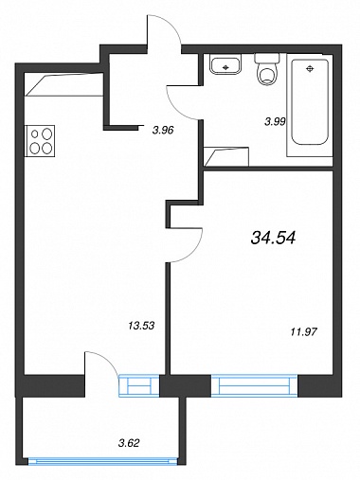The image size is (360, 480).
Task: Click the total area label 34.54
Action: [x=273, y=238]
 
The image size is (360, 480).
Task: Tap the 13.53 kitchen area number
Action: [x=141, y=326]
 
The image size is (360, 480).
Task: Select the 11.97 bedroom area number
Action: [x=303, y=331]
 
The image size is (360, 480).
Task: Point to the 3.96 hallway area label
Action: [x=163, y=130]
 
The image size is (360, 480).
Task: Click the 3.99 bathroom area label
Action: [x=275, y=121]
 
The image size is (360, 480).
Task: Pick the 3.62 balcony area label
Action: [x=129, y=443]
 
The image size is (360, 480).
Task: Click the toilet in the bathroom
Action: [x=267, y=69]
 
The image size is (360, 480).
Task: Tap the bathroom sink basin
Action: [x=225, y=64]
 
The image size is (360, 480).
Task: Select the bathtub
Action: [x=310, y=105]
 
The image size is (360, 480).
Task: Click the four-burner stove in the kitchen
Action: [x=41, y=140]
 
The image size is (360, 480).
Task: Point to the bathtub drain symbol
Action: [x=310, y=68]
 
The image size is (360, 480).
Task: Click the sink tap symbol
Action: [x=225, y=67]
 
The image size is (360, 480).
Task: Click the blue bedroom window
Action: [x=255, y=385]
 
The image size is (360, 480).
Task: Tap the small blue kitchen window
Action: [x=139, y=385]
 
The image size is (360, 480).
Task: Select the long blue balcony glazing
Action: [x=102, y=462]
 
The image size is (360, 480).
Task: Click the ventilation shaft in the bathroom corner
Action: [x=226, y=156]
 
